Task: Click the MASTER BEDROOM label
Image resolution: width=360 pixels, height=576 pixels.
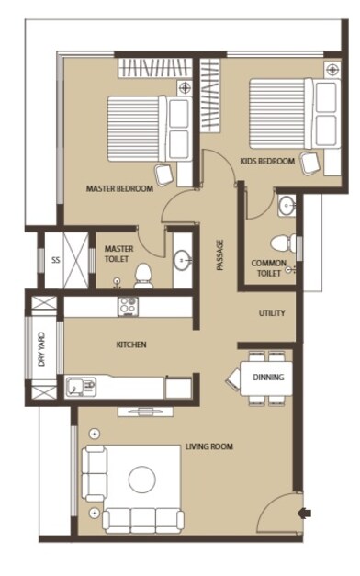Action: (118, 188)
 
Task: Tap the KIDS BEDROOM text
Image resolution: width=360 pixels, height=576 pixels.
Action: (267, 161)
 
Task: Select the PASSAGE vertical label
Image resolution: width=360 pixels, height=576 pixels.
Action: (219, 254)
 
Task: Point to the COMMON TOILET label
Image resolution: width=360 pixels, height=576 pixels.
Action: (269, 268)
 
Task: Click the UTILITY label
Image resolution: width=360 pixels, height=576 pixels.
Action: (272, 313)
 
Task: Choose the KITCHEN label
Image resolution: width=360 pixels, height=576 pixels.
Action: (130, 345)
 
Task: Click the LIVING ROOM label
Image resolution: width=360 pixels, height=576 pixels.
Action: (208, 447)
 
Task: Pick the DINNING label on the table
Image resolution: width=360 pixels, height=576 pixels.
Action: (268, 377)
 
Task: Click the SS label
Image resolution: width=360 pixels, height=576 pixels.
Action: (55, 260)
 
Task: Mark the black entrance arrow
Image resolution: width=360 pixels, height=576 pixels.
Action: (306, 513)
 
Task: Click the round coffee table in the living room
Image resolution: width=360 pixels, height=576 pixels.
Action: (142, 479)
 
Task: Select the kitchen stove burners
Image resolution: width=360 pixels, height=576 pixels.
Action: (127, 305)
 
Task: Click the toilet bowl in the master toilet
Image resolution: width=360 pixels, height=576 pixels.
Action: (143, 274)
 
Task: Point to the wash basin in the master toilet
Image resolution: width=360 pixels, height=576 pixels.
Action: (182, 260)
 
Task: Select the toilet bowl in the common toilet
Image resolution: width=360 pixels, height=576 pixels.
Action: (288, 244)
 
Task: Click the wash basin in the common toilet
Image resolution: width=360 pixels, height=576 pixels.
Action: (286, 205)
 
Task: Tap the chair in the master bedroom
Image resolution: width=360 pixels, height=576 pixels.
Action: (166, 174)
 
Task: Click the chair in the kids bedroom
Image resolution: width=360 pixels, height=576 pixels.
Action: (310, 163)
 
